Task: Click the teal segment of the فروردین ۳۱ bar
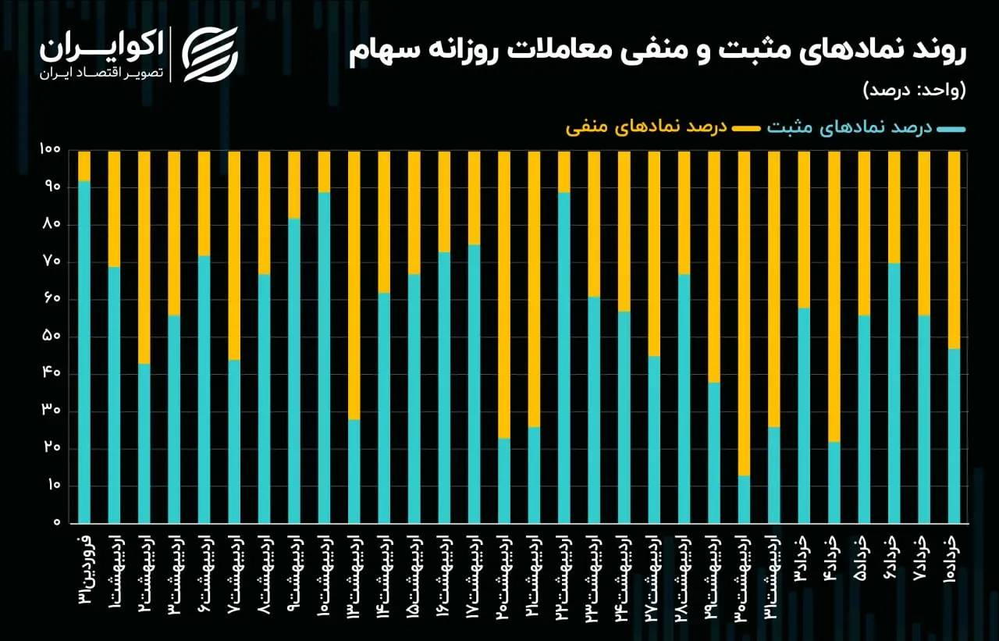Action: pos(84,352)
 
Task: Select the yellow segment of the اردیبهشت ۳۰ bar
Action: pos(744,314)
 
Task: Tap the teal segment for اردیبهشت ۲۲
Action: pos(564,358)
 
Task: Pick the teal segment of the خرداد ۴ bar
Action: pos(834,483)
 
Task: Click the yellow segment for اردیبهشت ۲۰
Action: pos(504,295)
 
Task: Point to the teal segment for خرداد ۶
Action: pos(894,393)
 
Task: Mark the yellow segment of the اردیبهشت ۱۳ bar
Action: pos(354,286)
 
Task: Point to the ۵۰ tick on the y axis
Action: pos(52,337)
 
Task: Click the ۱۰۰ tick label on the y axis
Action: pos(49,149)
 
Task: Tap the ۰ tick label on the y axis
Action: pos(57,522)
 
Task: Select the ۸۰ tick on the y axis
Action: pos(52,224)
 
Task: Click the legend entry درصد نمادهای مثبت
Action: pos(866,127)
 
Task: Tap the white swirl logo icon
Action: pos(210,55)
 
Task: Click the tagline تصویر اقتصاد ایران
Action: pos(101,73)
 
